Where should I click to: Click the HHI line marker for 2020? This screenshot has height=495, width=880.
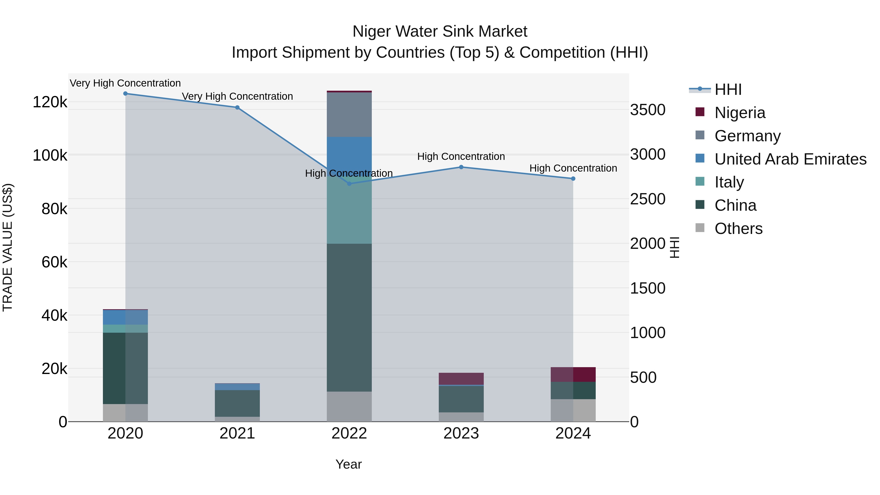(125, 94)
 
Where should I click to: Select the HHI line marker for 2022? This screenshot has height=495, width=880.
(349, 184)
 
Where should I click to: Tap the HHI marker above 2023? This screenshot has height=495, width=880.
(461, 167)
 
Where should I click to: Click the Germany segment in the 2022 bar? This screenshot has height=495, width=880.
(349, 115)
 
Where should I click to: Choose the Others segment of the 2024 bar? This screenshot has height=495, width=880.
(573, 410)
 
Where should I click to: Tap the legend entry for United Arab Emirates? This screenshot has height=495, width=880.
(790, 159)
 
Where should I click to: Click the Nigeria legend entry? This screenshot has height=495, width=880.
(740, 113)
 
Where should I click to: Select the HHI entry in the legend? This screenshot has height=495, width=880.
(728, 89)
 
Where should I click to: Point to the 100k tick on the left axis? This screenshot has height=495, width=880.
(50, 155)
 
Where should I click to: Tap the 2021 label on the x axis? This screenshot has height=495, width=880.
(237, 433)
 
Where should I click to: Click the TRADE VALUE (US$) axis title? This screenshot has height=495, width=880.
(8, 247)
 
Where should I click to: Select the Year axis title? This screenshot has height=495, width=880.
(348, 464)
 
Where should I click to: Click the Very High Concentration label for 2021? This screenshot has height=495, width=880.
(237, 96)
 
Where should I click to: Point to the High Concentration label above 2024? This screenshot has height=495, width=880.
(573, 168)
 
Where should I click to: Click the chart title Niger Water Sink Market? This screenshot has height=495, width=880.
(440, 32)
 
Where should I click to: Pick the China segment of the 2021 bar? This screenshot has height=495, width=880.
(237, 403)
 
